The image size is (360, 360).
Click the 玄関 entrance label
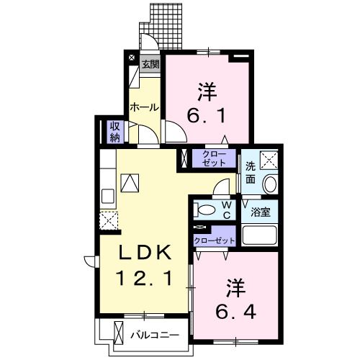click(150, 63)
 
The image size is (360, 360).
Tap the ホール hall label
click(144, 107)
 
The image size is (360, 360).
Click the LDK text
click(145, 253)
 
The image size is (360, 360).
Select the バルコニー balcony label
click(154, 333)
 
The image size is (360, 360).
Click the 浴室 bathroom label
click(260, 212)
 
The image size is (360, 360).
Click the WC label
click(225, 210)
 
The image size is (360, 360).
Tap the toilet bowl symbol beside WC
click(205, 210)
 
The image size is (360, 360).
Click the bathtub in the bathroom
click(261, 235)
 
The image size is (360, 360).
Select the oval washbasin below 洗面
click(271, 184)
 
